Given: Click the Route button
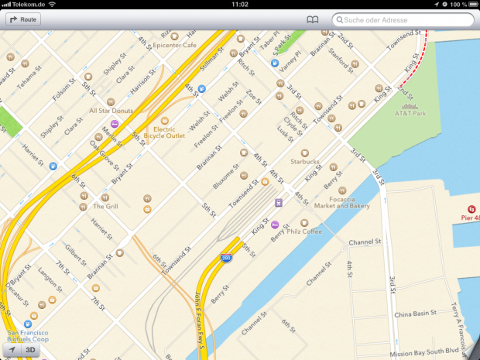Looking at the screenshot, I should pos(23,19).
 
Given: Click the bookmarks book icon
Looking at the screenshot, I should pos(312,19).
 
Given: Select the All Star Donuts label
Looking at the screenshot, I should pos(111,111).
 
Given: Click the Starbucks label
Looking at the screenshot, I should pos(304,162).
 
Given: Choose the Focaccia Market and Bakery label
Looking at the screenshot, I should pos(343,202).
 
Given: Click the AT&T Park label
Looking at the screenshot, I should pos(410,113).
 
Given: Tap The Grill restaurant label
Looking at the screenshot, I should pos(105,207).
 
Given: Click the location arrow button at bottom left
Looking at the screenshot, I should pos(10,351).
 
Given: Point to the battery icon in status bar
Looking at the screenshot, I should pos(471,5).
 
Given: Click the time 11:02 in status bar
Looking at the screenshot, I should pos(240,5).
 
